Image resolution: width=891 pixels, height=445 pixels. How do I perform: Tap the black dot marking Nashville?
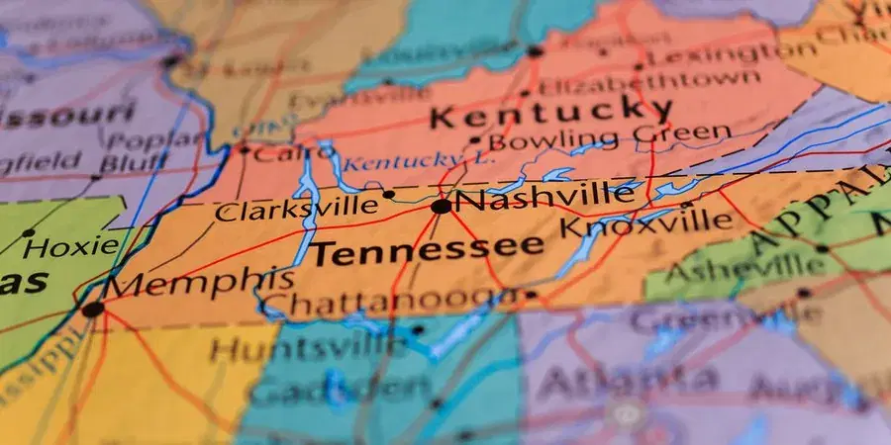tap(441, 207)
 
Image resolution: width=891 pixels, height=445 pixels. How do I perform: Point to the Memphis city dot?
tap(92, 310)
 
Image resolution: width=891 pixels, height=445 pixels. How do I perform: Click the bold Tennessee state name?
tap(428, 251)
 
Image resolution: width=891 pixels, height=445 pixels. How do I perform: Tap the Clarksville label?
tap(297, 208)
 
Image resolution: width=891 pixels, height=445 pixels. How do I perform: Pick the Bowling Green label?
tap(611, 135)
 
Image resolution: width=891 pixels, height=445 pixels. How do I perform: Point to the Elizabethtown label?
tap(650, 81)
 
